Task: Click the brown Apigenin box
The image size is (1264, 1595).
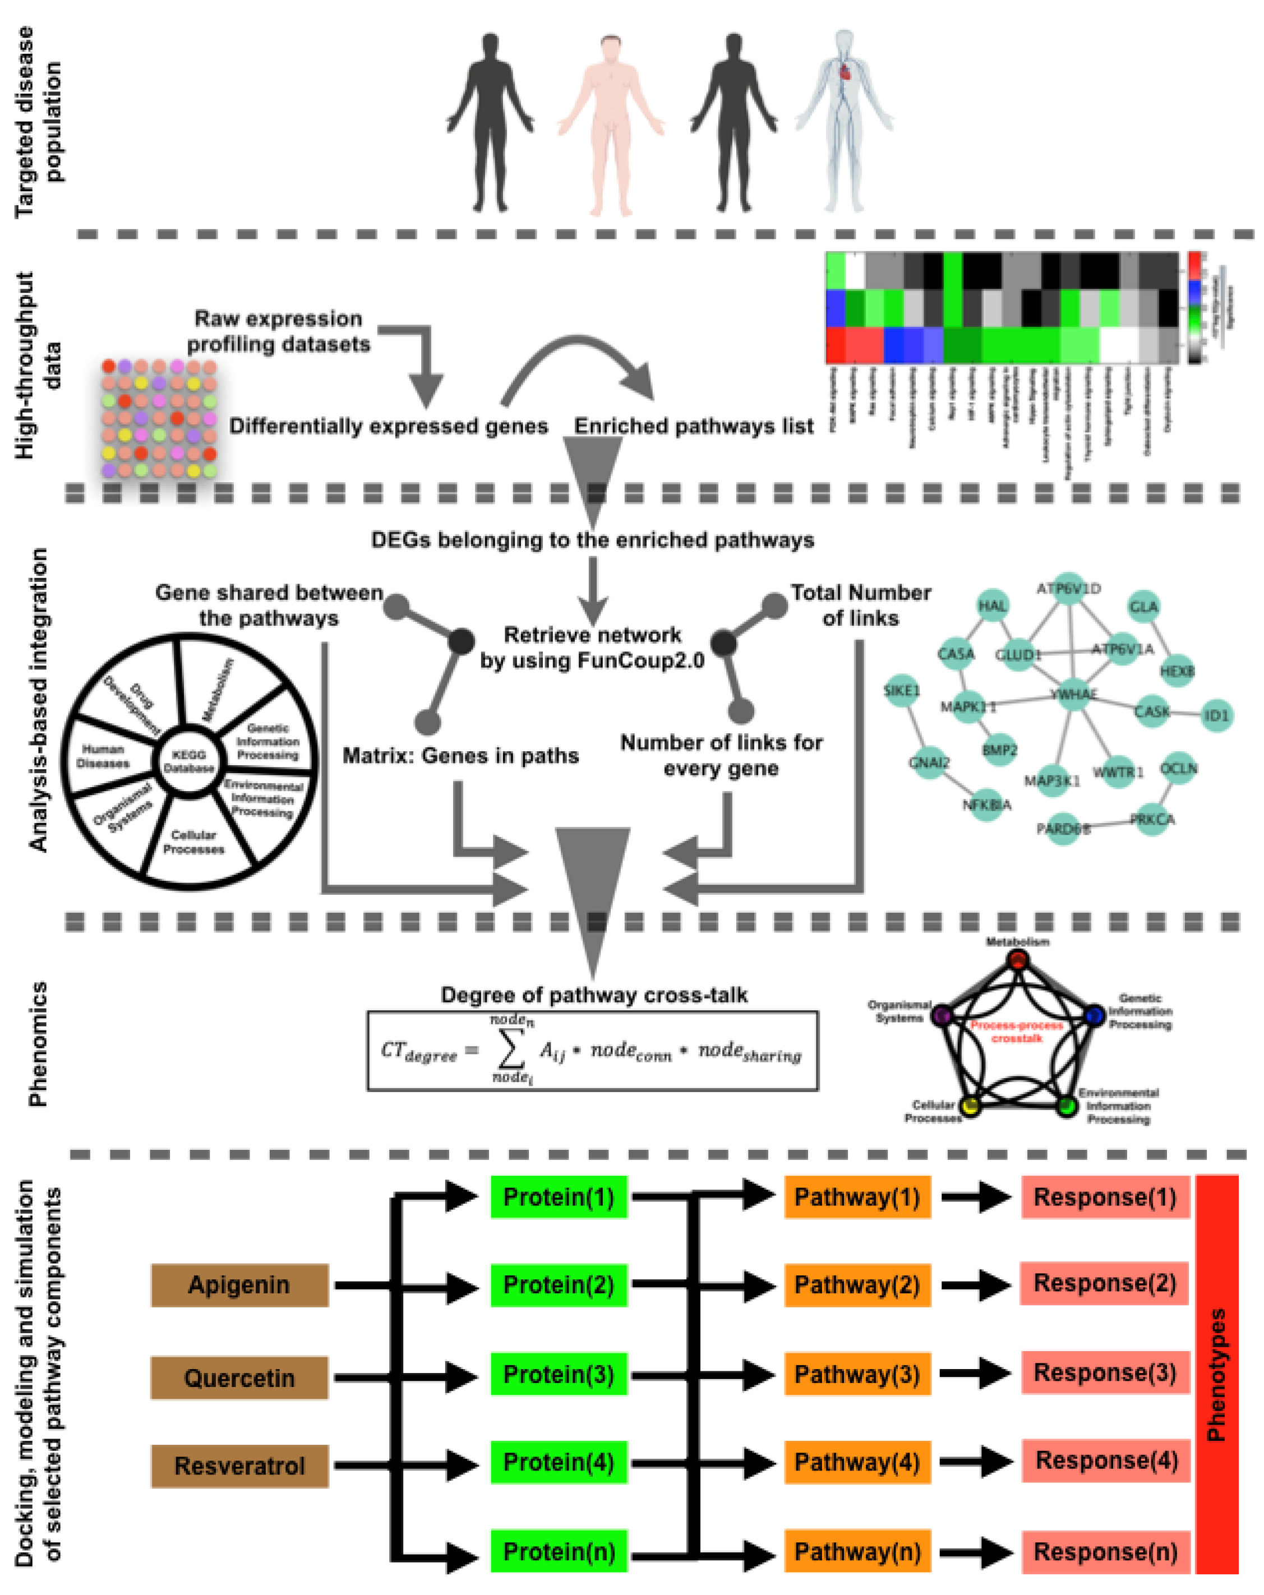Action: (239, 1285)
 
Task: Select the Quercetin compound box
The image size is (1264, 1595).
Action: (239, 1377)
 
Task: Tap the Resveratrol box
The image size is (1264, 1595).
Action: (239, 1465)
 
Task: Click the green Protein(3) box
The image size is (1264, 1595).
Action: (559, 1374)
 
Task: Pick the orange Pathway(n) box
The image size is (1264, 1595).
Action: (857, 1551)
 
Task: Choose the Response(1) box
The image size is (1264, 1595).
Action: (1105, 1197)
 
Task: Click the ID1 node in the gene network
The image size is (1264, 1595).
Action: (1216, 715)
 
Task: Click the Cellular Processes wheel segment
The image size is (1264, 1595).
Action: (194, 843)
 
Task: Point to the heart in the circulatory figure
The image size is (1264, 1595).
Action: (845, 72)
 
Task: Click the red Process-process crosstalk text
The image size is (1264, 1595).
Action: (1017, 1031)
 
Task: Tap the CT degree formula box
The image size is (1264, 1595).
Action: (592, 1051)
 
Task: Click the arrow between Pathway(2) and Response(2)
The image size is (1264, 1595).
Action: (975, 1285)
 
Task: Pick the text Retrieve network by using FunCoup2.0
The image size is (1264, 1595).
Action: (592, 648)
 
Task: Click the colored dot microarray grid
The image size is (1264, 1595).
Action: (158, 419)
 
